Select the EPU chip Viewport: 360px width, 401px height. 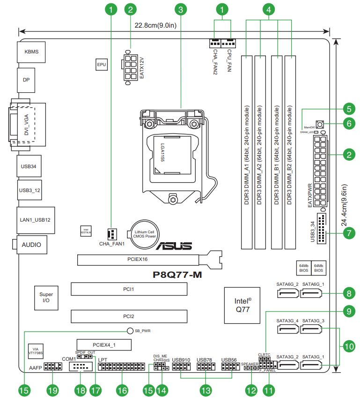pos(101,65)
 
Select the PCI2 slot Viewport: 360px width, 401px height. pos(129,316)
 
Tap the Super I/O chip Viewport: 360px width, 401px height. pos(46,297)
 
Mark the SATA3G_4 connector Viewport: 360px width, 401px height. pos(287,330)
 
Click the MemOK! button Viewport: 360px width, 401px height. pos(321,125)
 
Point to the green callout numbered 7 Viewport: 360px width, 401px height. pos(348,233)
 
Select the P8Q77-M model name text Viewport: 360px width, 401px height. pos(178,275)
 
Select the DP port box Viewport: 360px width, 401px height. pos(26,80)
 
